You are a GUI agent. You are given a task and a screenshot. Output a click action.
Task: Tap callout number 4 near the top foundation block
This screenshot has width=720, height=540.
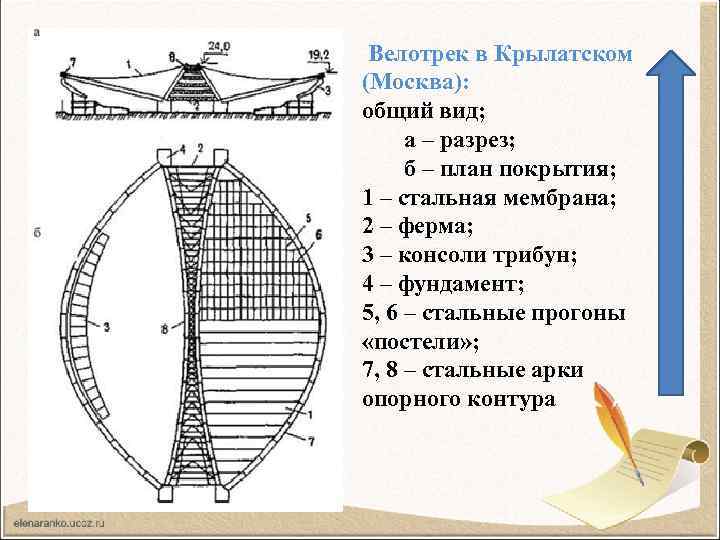tap(181, 149)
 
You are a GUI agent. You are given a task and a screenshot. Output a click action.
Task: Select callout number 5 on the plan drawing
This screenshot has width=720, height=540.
tap(308, 217)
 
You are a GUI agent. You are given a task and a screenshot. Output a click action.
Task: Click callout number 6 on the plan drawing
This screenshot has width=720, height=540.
tap(319, 235)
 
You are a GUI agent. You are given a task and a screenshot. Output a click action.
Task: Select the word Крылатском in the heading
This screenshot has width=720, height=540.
tap(566, 52)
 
